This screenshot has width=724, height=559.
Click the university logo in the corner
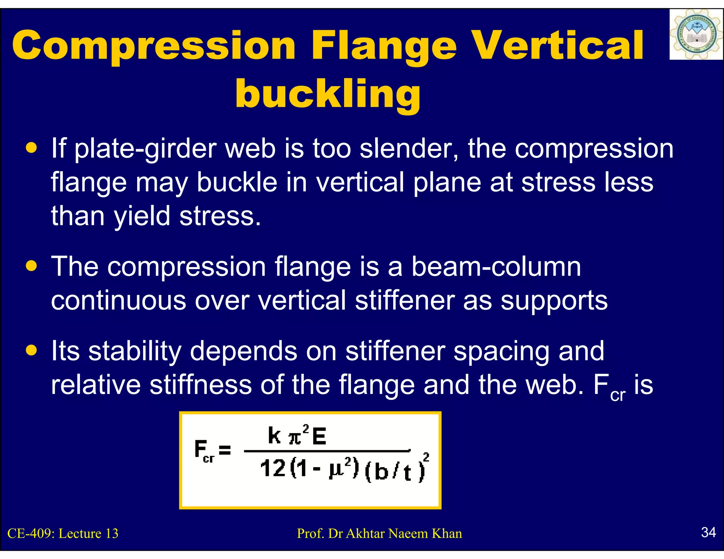coord(696,35)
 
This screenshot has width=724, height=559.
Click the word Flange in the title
coord(384,46)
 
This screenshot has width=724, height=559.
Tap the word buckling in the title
coord(328,94)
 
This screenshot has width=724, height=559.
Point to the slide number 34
coord(708,532)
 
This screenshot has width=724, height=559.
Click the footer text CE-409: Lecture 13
coord(63,533)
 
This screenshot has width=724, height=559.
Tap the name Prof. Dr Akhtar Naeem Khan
coord(379,533)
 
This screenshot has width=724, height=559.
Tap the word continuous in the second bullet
coord(118,300)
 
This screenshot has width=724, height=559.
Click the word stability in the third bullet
coord(134,351)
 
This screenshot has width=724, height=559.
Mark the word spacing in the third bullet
coord(501,352)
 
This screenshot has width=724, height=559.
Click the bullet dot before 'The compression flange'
coord(32,266)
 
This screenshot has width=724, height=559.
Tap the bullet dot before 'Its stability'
coord(32,350)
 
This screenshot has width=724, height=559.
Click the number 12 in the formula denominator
coord(273,469)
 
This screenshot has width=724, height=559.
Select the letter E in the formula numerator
coord(319,436)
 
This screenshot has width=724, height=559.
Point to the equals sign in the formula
coord(225,450)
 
